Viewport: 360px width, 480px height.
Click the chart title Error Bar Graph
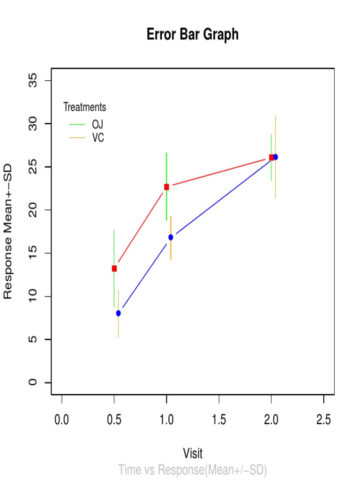pos(193,35)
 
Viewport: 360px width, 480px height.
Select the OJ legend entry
pos(97,124)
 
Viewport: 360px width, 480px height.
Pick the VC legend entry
pos(98,138)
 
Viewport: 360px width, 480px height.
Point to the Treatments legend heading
pos(85,107)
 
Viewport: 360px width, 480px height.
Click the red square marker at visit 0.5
pos(114,269)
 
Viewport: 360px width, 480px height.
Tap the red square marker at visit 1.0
pos(166,187)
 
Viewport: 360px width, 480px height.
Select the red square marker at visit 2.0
pos(271,157)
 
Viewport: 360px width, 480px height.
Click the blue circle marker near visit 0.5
pos(119,313)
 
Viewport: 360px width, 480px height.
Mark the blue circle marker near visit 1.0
pos(171,237)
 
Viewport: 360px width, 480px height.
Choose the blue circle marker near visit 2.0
pos(276,157)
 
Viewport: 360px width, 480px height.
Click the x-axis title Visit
pos(193,453)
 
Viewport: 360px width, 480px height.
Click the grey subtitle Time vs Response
pos(193,470)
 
